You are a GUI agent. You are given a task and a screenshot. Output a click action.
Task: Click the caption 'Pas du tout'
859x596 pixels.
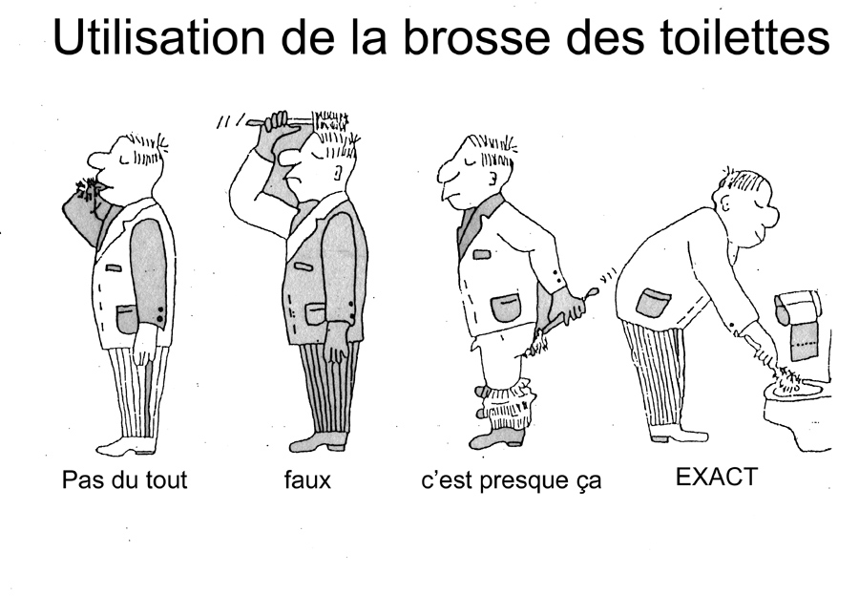[x=124, y=479]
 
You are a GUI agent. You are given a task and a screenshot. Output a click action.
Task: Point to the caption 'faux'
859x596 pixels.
[x=306, y=479]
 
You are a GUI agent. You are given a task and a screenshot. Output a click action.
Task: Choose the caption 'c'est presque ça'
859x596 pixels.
[x=511, y=480]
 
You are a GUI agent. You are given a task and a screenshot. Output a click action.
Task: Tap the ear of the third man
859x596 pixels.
[x=492, y=178]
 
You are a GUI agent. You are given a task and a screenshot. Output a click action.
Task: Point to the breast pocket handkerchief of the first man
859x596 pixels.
[x=114, y=268]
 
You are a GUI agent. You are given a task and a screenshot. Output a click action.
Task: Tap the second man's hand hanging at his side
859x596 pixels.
[x=335, y=342]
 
